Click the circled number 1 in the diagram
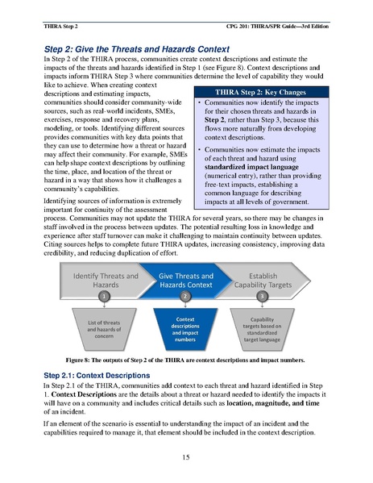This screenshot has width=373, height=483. (103, 297)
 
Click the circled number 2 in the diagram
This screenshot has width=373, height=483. (185, 297)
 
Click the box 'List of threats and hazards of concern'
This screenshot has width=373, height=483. (103, 328)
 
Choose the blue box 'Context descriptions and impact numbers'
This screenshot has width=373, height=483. (186, 328)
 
